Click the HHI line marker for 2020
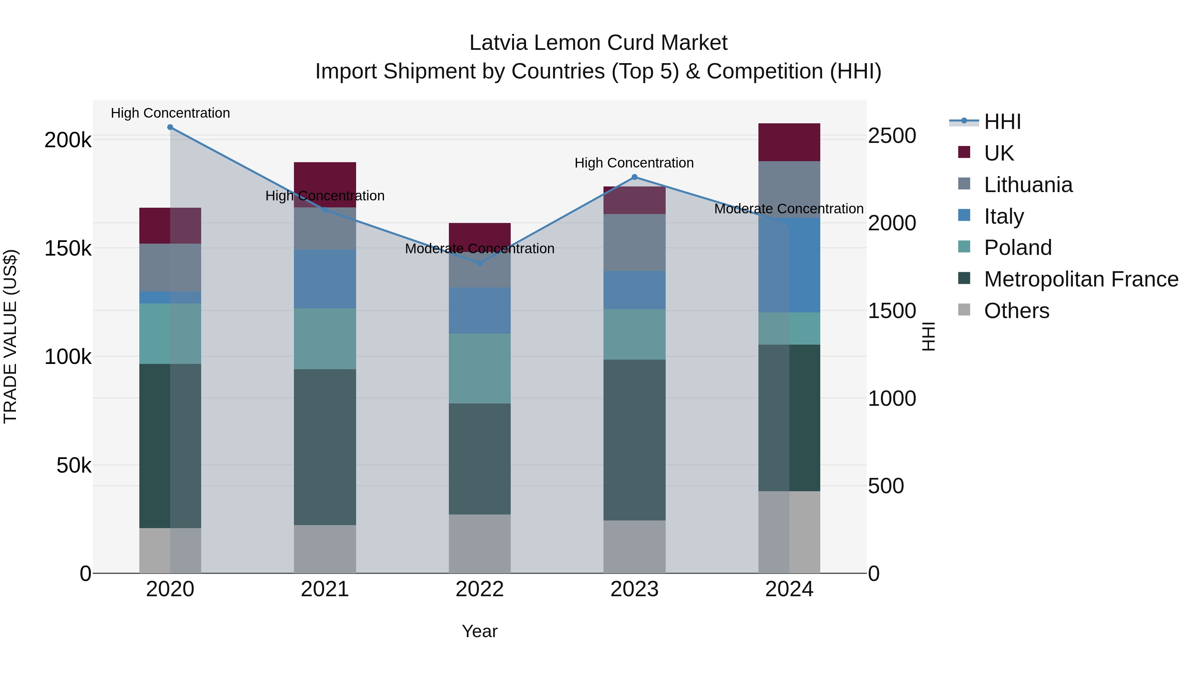coord(170,127)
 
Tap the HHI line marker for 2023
coord(635,177)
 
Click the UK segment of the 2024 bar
coord(789,142)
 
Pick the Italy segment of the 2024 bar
coord(789,265)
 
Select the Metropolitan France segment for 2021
coord(325,447)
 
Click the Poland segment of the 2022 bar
coord(479,368)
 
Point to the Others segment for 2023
coord(634,547)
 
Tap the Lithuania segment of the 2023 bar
coord(634,243)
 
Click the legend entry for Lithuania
coord(1028,185)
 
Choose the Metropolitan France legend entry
coord(1081,279)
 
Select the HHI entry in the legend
coord(1002,122)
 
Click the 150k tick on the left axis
coord(68,249)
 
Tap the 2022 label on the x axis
coord(479,589)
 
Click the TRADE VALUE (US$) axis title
coord(10,336)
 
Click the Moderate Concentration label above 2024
coord(789,209)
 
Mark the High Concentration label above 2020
coord(170,113)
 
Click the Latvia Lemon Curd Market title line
coord(598,43)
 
